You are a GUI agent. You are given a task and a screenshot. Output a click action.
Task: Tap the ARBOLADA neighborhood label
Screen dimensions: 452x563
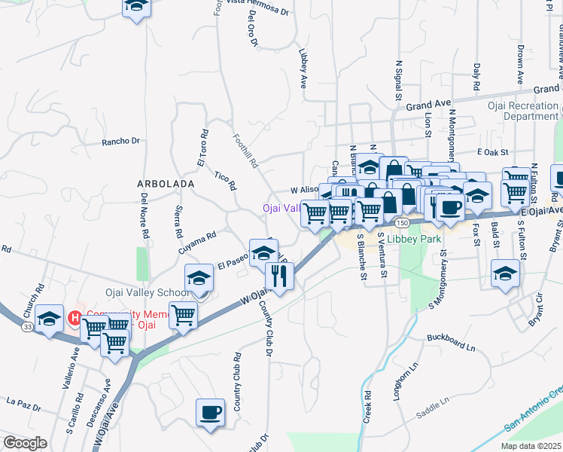[x=166, y=184]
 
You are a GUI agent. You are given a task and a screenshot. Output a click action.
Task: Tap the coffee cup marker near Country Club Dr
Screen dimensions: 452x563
[x=211, y=413]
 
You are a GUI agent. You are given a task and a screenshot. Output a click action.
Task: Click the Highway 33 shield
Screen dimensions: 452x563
[x=28, y=327]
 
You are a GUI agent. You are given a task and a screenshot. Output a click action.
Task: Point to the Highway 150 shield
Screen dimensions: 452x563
[x=403, y=223]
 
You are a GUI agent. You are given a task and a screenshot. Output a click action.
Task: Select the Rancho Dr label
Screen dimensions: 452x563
[x=121, y=141]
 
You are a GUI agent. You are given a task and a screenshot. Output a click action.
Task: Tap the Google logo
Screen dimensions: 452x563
[x=25, y=444]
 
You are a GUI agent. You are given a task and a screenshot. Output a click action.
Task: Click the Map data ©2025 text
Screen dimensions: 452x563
[x=531, y=446]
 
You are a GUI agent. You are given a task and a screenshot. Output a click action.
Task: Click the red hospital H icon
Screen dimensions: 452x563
[x=75, y=318]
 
